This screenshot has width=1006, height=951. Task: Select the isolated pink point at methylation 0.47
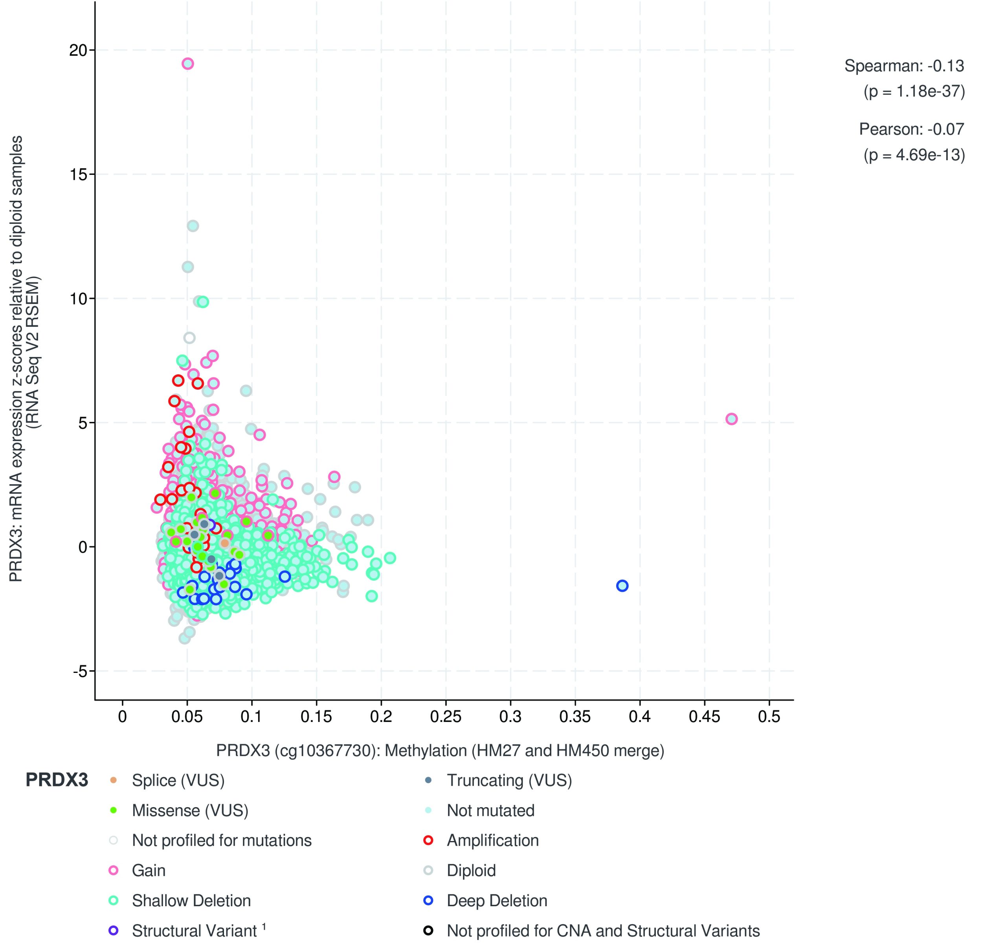pos(731,419)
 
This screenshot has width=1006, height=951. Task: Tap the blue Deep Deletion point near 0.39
pos(622,586)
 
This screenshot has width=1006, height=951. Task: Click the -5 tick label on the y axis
pos(80,671)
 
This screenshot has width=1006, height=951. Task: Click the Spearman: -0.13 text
pos(904,66)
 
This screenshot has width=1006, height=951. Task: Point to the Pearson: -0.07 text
pos(911,129)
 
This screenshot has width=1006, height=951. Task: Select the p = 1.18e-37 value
pos(914,91)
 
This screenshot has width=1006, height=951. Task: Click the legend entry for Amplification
pos(492,841)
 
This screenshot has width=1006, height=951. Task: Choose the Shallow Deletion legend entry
pos(191,901)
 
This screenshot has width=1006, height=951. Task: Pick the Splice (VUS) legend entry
pos(178,780)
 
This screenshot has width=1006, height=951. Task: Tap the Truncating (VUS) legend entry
pos(509,780)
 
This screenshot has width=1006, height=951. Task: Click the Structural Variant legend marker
pos(114,931)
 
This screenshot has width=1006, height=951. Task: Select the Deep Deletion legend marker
pos(428,901)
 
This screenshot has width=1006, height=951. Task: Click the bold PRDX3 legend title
pos(57,780)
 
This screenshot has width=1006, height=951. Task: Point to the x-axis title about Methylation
pos(440,750)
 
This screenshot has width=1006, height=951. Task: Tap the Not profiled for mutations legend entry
pos(222,841)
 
